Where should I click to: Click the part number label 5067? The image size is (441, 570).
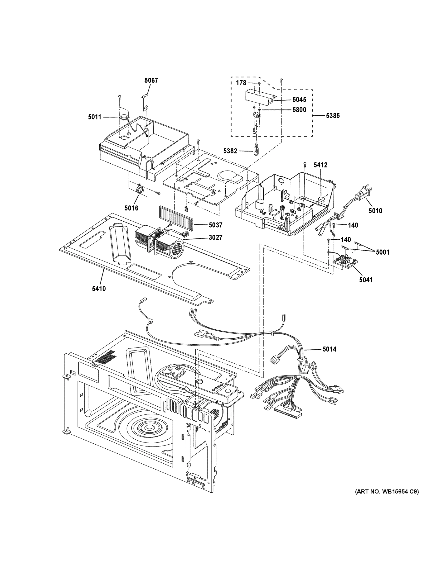[x=151, y=80]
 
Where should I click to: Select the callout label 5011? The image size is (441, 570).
[x=94, y=117]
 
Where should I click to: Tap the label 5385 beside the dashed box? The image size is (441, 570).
[x=333, y=116]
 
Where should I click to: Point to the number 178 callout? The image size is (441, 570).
[x=241, y=83]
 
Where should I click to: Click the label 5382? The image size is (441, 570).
[x=230, y=151]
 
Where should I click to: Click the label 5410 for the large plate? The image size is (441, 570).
[x=99, y=289]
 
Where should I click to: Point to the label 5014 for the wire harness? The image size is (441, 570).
[x=329, y=349]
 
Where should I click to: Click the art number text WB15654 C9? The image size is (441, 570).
[x=387, y=492]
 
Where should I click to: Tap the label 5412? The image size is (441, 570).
[x=320, y=165]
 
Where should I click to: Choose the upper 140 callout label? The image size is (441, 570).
[x=353, y=225]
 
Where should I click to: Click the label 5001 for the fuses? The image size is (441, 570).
[x=383, y=252]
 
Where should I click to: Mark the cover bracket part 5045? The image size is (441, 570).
[x=260, y=96]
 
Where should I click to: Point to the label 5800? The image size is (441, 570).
[x=299, y=110]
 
